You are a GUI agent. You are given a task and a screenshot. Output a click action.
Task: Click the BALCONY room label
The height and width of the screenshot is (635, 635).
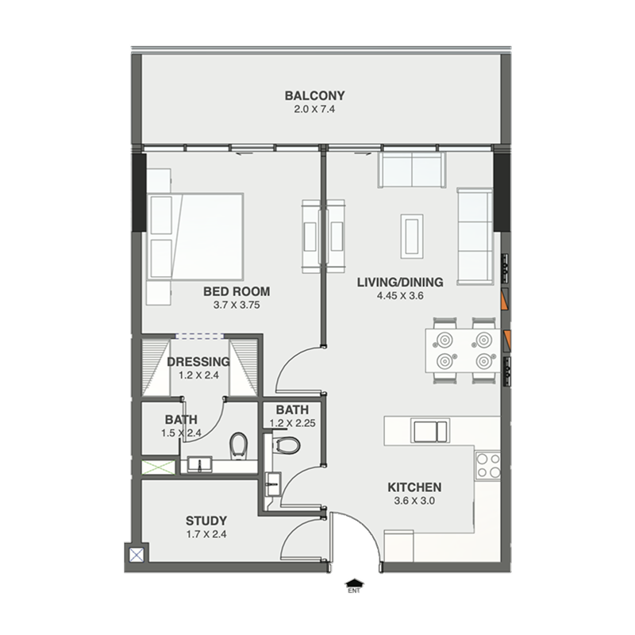click(x=314, y=95)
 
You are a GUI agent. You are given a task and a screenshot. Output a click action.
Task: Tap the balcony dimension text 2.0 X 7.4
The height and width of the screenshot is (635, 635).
click(x=314, y=109)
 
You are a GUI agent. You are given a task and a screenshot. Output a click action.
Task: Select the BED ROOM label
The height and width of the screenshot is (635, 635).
click(x=237, y=291)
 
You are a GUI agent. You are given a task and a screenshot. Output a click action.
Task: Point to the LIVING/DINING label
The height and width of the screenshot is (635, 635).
click(x=400, y=282)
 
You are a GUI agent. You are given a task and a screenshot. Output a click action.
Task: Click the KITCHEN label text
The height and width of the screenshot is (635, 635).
click(x=414, y=487)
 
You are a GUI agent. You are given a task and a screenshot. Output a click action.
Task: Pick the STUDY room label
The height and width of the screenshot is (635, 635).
click(x=206, y=521)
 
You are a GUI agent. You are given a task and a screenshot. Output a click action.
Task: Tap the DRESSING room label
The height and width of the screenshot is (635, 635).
click(x=198, y=361)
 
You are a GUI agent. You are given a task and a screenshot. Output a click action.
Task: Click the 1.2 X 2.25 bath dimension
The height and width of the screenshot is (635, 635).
click(x=292, y=423)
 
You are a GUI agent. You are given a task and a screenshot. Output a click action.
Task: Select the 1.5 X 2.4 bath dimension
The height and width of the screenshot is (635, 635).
click(x=181, y=433)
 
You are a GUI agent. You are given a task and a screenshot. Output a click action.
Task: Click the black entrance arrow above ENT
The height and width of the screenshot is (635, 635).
click(x=354, y=583)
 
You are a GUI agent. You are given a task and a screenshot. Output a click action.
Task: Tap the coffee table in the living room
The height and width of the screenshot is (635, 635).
click(x=412, y=236)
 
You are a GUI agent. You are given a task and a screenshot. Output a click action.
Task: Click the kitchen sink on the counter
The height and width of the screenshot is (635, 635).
click(x=430, y=431)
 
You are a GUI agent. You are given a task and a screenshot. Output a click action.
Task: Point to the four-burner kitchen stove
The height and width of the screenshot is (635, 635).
click(x=488, y=466)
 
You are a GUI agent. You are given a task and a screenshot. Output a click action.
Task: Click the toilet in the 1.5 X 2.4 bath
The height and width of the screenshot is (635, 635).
click(x=238, y=446)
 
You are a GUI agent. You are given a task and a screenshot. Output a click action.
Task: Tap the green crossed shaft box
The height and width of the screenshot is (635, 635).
click(x=158, y=468)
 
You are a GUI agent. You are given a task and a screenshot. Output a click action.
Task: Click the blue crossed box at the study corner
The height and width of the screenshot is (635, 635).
click(x=137, y=554)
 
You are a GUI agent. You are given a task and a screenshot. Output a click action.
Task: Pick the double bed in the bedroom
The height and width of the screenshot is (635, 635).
click(x=195, y=237)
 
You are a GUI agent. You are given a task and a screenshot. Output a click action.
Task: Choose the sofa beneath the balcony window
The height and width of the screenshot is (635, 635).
click(x=412, y=170)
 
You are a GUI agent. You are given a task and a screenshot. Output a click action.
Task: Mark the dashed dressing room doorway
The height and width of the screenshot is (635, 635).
click(x=199, y=336)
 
